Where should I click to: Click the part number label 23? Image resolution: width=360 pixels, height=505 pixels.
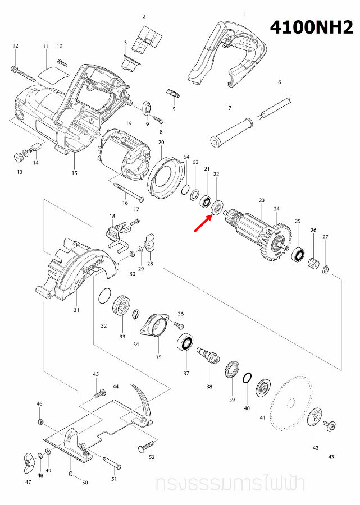[261, 200]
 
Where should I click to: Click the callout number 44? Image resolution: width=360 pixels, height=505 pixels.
[116, 387]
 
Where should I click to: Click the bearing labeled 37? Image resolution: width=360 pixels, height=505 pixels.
[186, 342]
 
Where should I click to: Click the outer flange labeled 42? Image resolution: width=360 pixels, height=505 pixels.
[315, 418]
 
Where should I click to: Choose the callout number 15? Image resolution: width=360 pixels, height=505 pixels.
[75, 173]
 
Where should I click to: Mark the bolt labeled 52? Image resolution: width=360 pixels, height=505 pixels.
[145, 447]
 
